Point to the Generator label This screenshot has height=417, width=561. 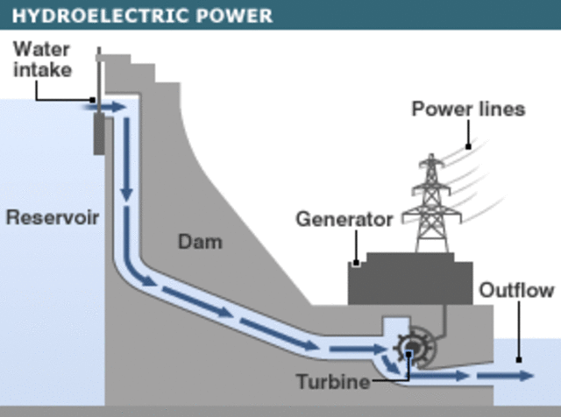[344, 219]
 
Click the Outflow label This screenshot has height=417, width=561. [516, 290]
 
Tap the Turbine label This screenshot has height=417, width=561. [331, 382]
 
